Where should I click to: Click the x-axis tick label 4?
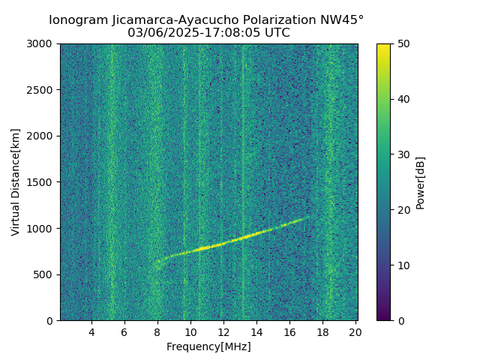point(91,332)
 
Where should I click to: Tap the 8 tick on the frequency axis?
point(157,332)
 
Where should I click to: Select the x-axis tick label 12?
point(223,332)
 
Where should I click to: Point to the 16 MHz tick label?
point(289,332)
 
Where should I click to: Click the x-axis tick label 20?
point(355,332)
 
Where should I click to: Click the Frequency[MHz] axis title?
point(208,346)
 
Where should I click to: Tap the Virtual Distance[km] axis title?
point(16,182)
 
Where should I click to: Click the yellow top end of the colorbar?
point(383,46)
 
